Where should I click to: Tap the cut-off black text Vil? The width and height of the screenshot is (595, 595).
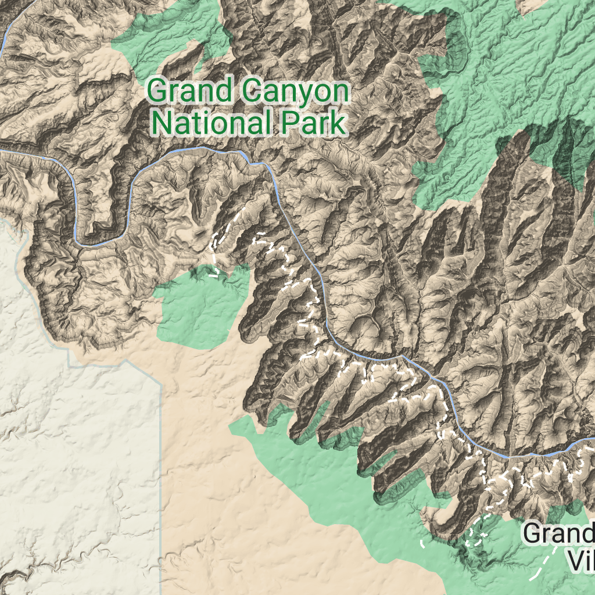click(581, 561)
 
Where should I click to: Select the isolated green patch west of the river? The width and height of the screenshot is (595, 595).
click(198, 308)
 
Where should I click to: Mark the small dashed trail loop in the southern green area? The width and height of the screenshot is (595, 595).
click(476, 532)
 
